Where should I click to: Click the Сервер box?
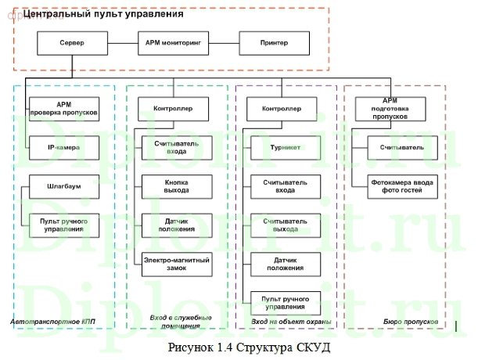point(71,43)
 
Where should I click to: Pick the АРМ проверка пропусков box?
point(64,109)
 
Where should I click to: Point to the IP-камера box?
point(64,146)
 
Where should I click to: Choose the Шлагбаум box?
point(64,189)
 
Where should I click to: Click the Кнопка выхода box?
point(175,186)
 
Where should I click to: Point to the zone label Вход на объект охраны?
point(286,322)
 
